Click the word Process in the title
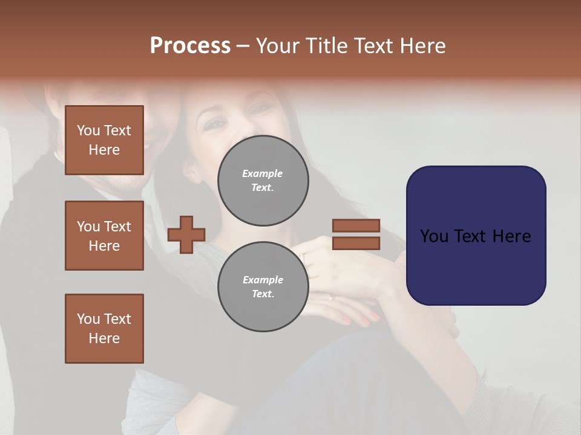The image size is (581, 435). (190, 46)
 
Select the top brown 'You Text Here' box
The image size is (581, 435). (104, 140)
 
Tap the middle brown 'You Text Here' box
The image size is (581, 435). (104, 236)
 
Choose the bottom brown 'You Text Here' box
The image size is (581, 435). (104, 329)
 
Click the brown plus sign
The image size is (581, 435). (186, 234)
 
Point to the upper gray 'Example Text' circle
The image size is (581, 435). (263, 181)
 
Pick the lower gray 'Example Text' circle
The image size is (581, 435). (263, 287)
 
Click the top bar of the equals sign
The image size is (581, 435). (356, 225)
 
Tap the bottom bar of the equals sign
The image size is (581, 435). (356, 243)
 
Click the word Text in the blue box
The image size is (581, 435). (475, 236)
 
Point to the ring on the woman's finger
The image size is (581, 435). (331, 297)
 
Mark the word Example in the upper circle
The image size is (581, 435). (263, 173)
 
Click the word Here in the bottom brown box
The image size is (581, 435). (104, 338)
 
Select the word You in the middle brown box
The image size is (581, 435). (88, 227)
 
